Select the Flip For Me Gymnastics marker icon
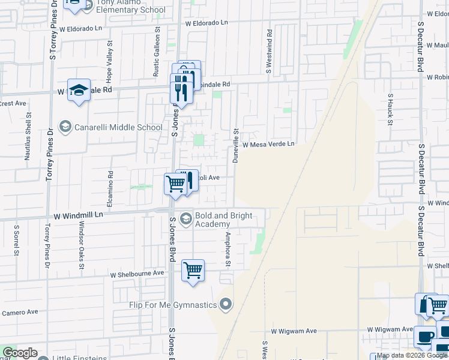(x=226, y=305)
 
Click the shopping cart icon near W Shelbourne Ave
(x=193, y=271)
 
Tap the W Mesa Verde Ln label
(x=268, y=145)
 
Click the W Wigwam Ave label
(x=294, y=331)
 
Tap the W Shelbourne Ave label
(x=137, y=273)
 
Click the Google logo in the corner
(x=20, y=353)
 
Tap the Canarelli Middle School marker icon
(x=65, y=127)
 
